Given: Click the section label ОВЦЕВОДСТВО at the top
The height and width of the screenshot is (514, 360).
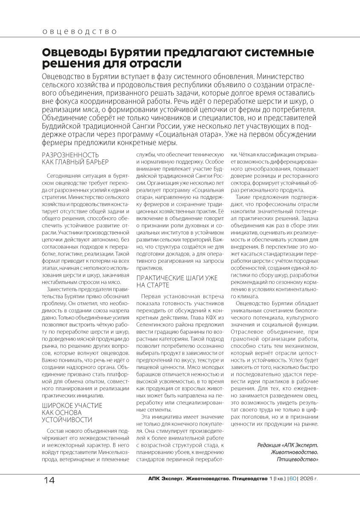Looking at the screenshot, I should click(80, 32).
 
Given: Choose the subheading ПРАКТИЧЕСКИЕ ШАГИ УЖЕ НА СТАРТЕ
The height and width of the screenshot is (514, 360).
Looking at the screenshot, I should click(177, 281).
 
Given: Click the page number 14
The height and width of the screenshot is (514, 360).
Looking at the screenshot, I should click(49, 480).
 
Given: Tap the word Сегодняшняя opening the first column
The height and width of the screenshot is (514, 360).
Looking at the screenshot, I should click(65, 175).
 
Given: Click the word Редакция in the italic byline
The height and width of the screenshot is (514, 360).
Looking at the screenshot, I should click(269, 445).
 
